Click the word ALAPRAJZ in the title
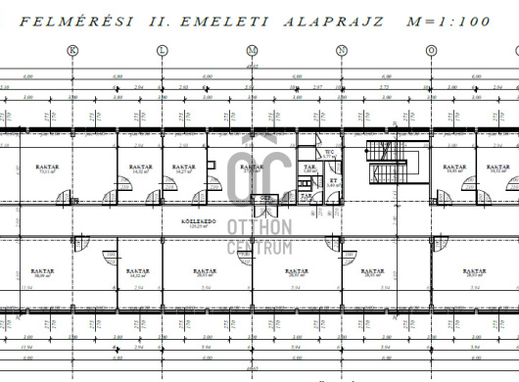(x=332, y=18)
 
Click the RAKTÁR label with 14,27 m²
(x=183, y=169)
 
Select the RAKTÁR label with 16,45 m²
(x=453, y=169)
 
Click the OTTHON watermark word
(x=259, y=226)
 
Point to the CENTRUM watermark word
(x=259, y=247)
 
